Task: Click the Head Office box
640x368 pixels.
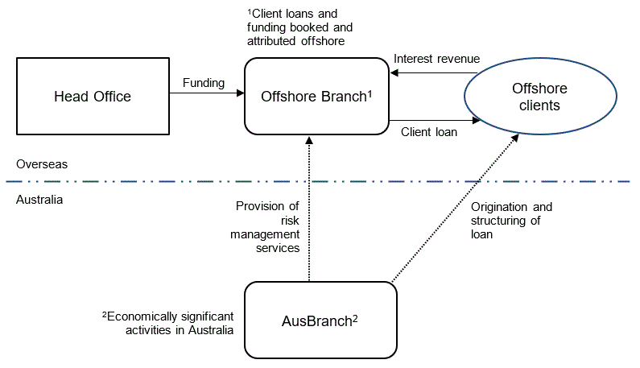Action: point(92,97)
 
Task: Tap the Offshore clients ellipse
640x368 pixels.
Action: point(540,97)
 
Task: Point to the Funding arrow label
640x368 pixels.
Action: point(204,82)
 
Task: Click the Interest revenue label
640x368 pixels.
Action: point(436,59)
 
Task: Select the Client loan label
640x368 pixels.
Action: point(429,133)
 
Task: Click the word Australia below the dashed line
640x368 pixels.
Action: point(39,198)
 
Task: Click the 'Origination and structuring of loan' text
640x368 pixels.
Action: point(511,221)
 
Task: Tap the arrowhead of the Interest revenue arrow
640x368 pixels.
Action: point(393,72)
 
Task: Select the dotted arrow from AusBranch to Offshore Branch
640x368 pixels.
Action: point(308,209)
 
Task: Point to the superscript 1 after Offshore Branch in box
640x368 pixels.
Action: point(369,92)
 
